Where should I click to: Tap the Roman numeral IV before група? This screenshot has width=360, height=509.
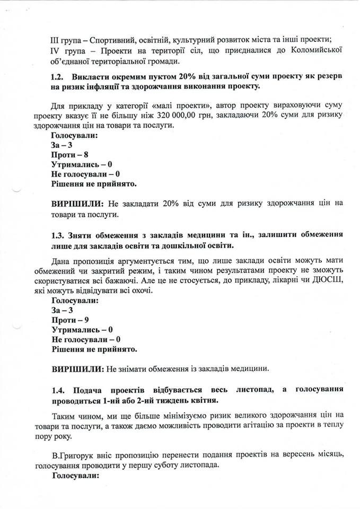55,50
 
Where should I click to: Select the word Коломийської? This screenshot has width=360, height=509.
315,50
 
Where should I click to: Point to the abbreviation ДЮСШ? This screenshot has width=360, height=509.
328,280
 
